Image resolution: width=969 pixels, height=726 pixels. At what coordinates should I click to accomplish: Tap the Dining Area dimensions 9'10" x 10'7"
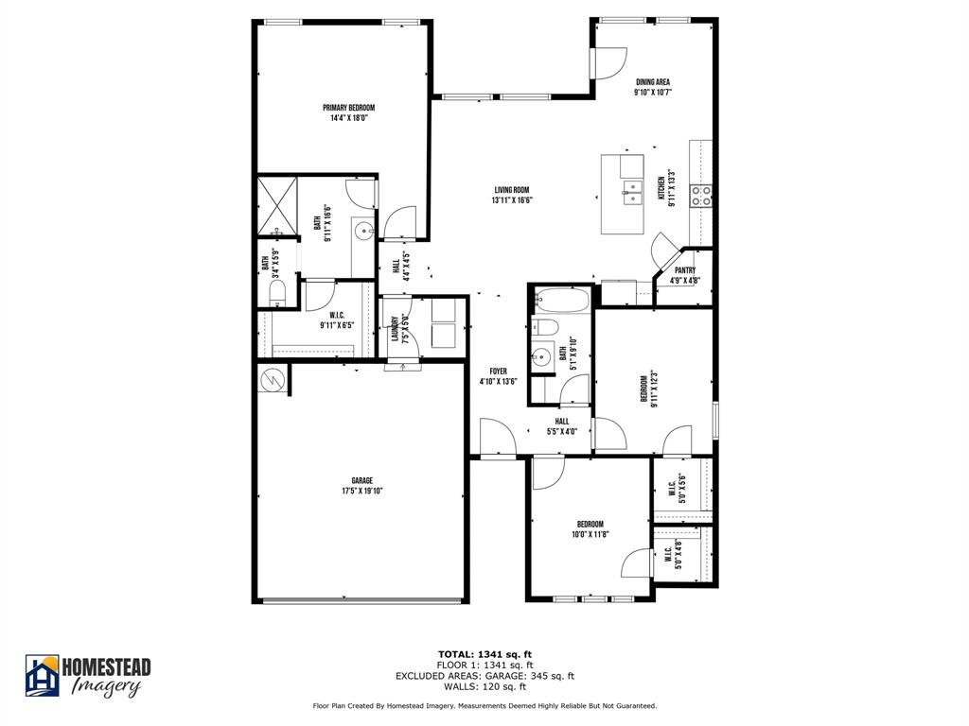click(x=652, y=93)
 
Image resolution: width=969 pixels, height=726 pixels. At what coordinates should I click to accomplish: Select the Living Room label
click(x=512, y=189)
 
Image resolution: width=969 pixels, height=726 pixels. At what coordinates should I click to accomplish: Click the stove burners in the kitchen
click(x=701, y=196)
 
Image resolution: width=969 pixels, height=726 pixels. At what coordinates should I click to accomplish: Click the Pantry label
click(x=685, y=270)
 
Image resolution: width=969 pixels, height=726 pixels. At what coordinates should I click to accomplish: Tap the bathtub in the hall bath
click(x=560, y=301)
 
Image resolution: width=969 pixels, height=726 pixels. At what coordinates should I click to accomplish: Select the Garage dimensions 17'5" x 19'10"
click(x=362, y=492)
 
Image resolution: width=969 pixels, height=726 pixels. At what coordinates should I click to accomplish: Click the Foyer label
click(x=498, y=372)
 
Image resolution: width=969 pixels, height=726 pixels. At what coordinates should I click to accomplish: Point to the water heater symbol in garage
click(x=272, y=378)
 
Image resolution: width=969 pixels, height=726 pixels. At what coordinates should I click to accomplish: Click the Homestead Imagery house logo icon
click(x=42, y=675)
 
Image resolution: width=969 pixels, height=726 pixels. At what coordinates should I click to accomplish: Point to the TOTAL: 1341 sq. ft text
click(x=484, y=654)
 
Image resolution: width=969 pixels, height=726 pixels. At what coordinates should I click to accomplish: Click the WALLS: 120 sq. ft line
click(x=484, y=687)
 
